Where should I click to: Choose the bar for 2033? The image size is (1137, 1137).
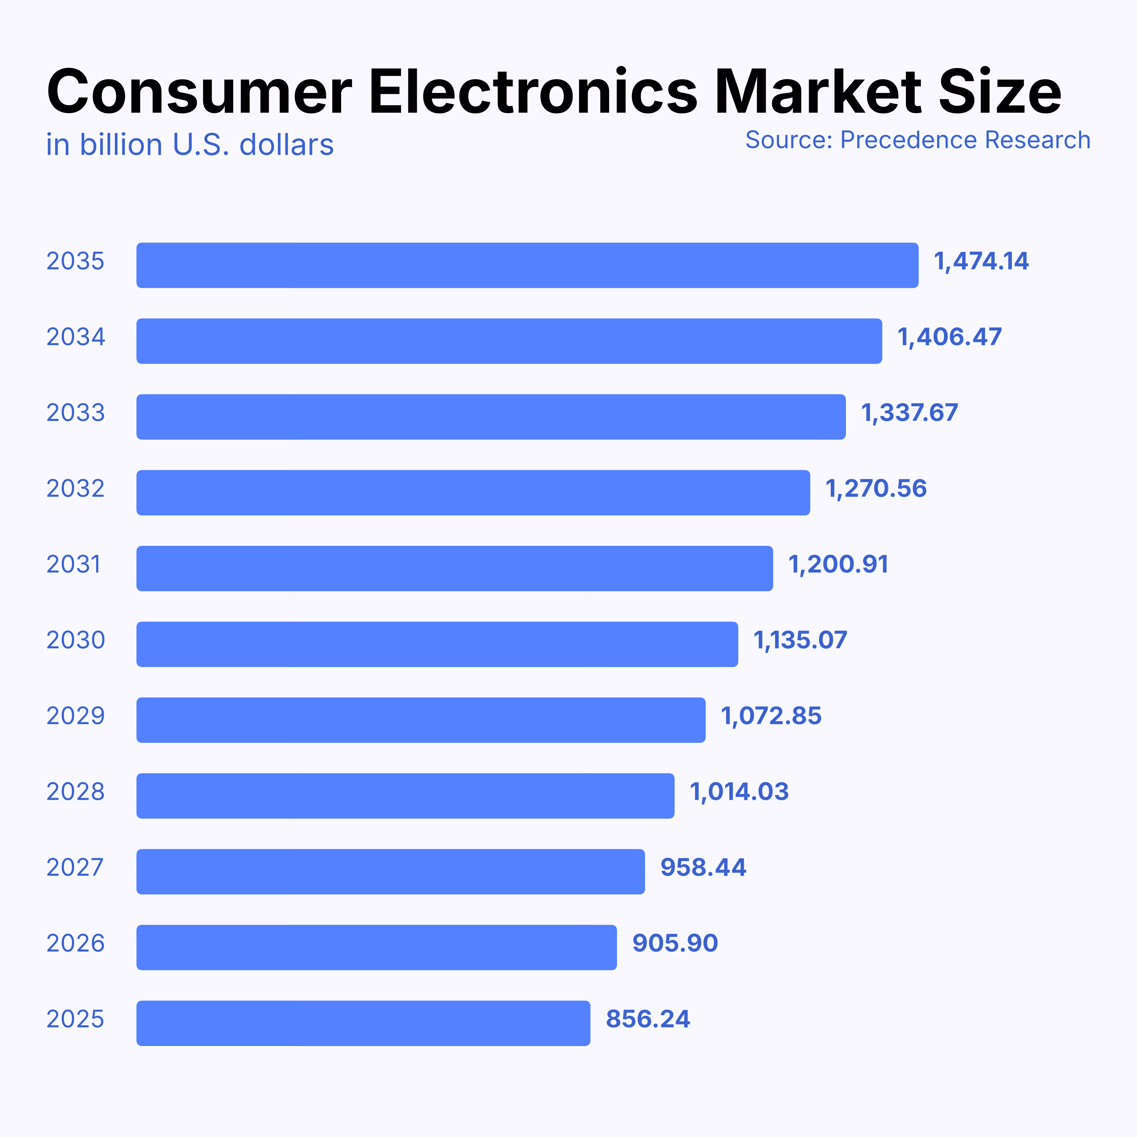tap(491, 417)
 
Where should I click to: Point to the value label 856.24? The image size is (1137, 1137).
tap(647, 1019)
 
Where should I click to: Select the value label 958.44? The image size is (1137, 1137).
tap(703, 867)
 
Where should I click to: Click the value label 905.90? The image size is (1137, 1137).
tap(674, 943)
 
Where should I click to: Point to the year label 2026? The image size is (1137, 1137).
tap(75, 943)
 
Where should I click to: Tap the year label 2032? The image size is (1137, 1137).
tap(75, 488)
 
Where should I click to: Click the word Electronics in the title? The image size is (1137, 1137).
tap(533, 92)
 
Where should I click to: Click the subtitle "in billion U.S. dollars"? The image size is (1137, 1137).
tap(189, 145)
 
